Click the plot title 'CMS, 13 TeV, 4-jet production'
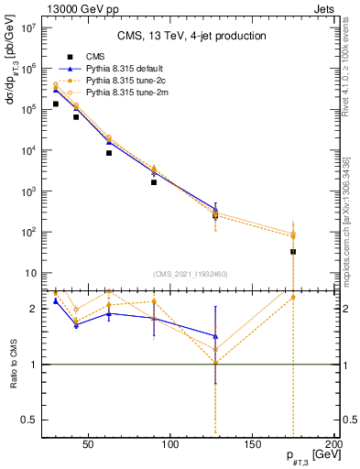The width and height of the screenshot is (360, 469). click(191, 36)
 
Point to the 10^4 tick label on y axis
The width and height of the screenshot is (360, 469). click(27, 151)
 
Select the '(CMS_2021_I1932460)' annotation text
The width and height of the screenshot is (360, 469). click(191, 274)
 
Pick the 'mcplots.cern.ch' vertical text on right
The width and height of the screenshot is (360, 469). click(346, 229)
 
